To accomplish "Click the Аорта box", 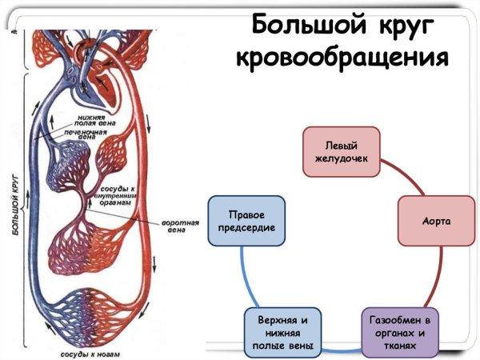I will (x=438, y=219).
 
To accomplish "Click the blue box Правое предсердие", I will (x=246, y=221).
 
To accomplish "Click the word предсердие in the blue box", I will (x=246, y=228).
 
